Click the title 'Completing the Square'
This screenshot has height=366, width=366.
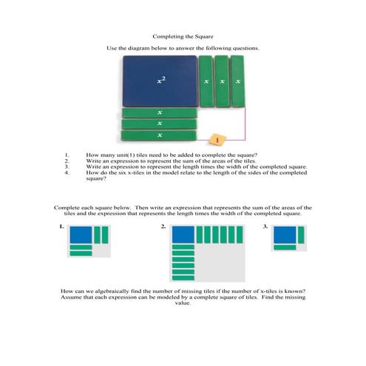[183, 35]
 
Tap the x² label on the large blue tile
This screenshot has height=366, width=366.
[160, 79]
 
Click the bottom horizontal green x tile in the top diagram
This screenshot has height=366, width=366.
[160, 135]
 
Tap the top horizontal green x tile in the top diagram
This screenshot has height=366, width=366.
[160, 112]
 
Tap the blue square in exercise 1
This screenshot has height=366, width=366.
[81, 234]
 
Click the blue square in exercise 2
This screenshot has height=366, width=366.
[183, 234]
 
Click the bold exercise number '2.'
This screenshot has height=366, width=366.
[163, 227]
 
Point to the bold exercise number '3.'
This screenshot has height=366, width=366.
[265, 227]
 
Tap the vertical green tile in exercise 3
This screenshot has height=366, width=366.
[300, 234]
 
